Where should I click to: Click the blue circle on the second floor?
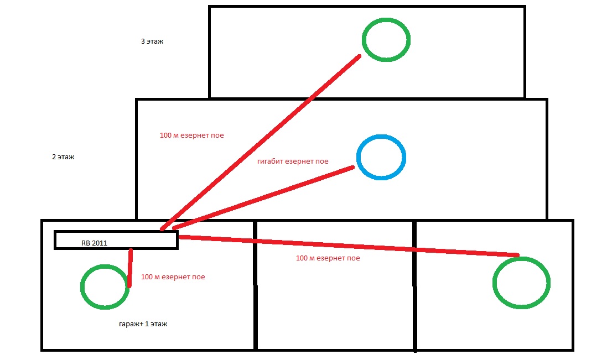click(x=381, y=157)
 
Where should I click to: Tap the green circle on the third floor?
click(x=386, y=39)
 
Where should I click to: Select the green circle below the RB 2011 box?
click(x=105, y=286)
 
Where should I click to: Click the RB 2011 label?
click(x=95, y=242)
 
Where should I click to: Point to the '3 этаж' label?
click(x=152, y=41)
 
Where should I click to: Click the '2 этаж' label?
click(x=63, y=157)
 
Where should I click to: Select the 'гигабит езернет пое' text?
click(x=293, y=161)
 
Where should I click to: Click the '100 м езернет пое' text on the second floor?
click(x=191, y=135)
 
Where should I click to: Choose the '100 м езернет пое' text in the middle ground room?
click(x=328, y=258)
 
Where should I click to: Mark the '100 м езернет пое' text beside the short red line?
click(x=173, y=277)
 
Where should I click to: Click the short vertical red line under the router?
click(x=130, y=268)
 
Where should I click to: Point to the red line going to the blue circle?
click(x=263, y=197)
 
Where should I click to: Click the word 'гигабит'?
click(x=270, y=161)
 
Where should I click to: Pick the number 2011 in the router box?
click(x=100, y=242)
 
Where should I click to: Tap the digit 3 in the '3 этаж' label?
click(x=143, y=41)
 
